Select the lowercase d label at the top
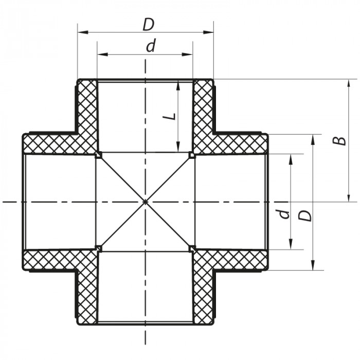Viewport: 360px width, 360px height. [150, 46]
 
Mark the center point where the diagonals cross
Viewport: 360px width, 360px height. [145, 202]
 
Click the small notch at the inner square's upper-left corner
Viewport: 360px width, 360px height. [98, 155]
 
